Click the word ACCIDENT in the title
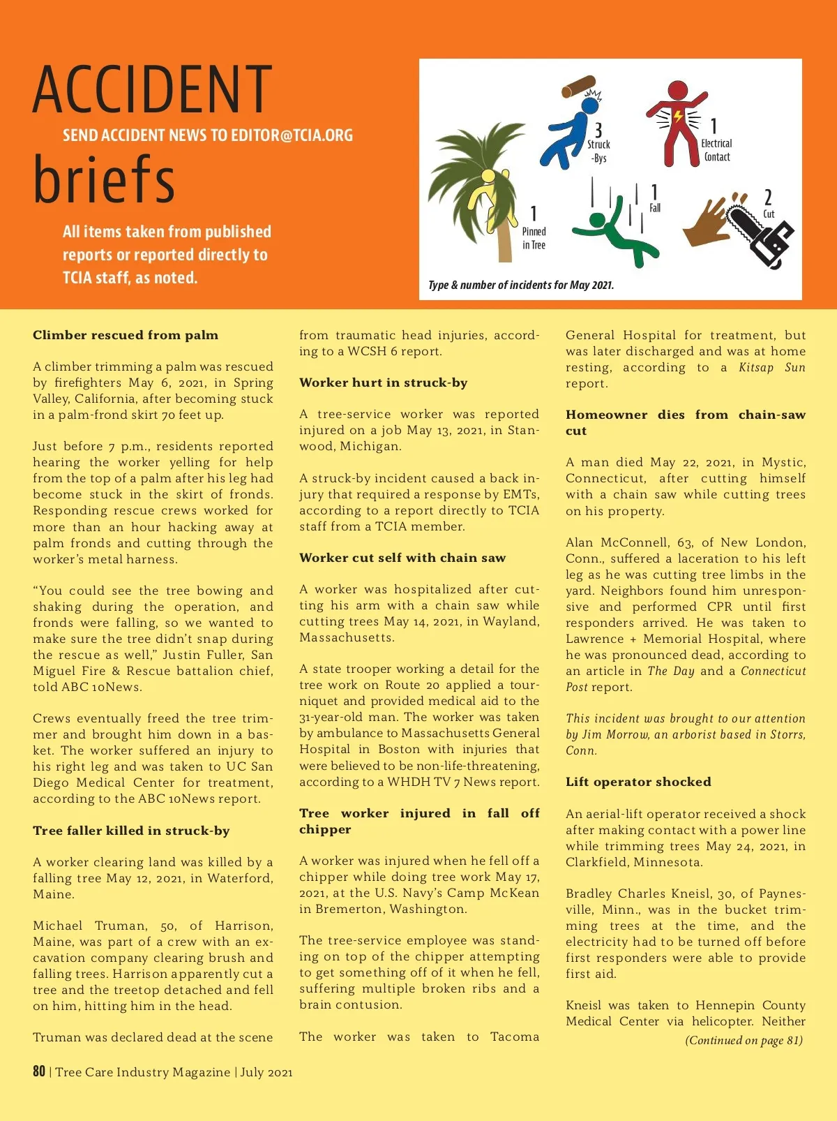152,89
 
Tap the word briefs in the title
104,179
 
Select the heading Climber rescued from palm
126,335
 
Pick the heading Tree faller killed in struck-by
131,831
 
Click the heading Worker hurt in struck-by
383,383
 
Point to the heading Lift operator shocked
638,782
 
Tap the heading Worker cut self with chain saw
402,558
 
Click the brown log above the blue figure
578,87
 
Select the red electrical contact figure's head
677,90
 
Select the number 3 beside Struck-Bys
598,130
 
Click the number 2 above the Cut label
768,198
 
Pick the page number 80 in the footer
39,1071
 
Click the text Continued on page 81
744,1040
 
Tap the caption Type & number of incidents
520,285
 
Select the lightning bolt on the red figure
677,117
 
